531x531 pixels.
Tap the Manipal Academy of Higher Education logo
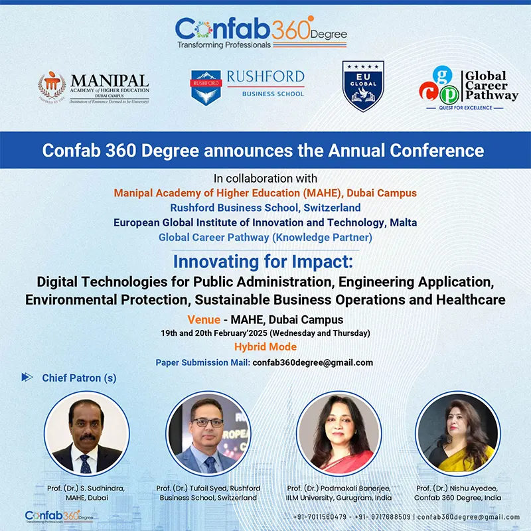point(94,86)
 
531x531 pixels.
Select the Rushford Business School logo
point(247,86)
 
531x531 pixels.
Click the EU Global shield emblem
point(363,86)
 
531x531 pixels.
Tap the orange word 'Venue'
point(204,320)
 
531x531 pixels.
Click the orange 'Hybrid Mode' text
point(265,347)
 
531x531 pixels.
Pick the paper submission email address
point(313,363)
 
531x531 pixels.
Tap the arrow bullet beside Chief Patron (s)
point(27,378)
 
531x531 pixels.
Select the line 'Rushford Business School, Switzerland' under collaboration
point(265,208)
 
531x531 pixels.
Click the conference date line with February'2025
point(265,333)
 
